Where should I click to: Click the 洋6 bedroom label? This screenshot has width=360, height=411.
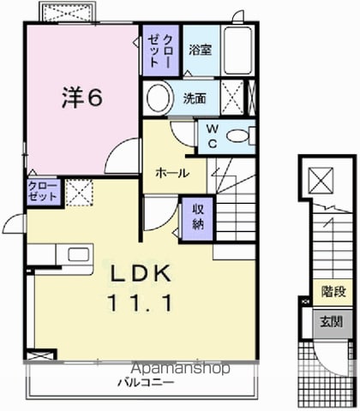click(82, 98)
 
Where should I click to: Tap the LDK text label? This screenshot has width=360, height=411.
click(141, 273)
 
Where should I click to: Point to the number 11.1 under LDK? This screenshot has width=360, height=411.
click(140, 303)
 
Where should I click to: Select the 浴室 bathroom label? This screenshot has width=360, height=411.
click(201, 50)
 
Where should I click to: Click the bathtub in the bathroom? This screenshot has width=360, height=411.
click(237, 51)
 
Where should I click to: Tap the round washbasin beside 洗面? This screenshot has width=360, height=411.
click(159, 98)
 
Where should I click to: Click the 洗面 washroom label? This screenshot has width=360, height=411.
click(195, 98)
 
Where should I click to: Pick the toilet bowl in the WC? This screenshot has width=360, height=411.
click(237, 136)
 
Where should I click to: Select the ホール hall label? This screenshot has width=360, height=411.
click(172, 173)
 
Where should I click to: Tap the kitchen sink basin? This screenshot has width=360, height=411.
click(78, 254)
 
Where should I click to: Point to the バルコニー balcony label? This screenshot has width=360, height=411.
click(146, 383)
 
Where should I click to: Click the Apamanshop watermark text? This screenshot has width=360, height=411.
click(181, 368)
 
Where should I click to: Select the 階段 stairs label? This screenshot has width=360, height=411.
click(333, 291)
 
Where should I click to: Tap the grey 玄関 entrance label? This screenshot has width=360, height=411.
click(331, 322)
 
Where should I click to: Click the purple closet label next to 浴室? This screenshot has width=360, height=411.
click(160, 51)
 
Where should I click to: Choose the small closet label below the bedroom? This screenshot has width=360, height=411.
click(43, 191)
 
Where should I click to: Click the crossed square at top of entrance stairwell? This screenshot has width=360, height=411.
click(321, 181)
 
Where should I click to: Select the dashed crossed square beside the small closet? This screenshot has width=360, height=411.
click(79, 193)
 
